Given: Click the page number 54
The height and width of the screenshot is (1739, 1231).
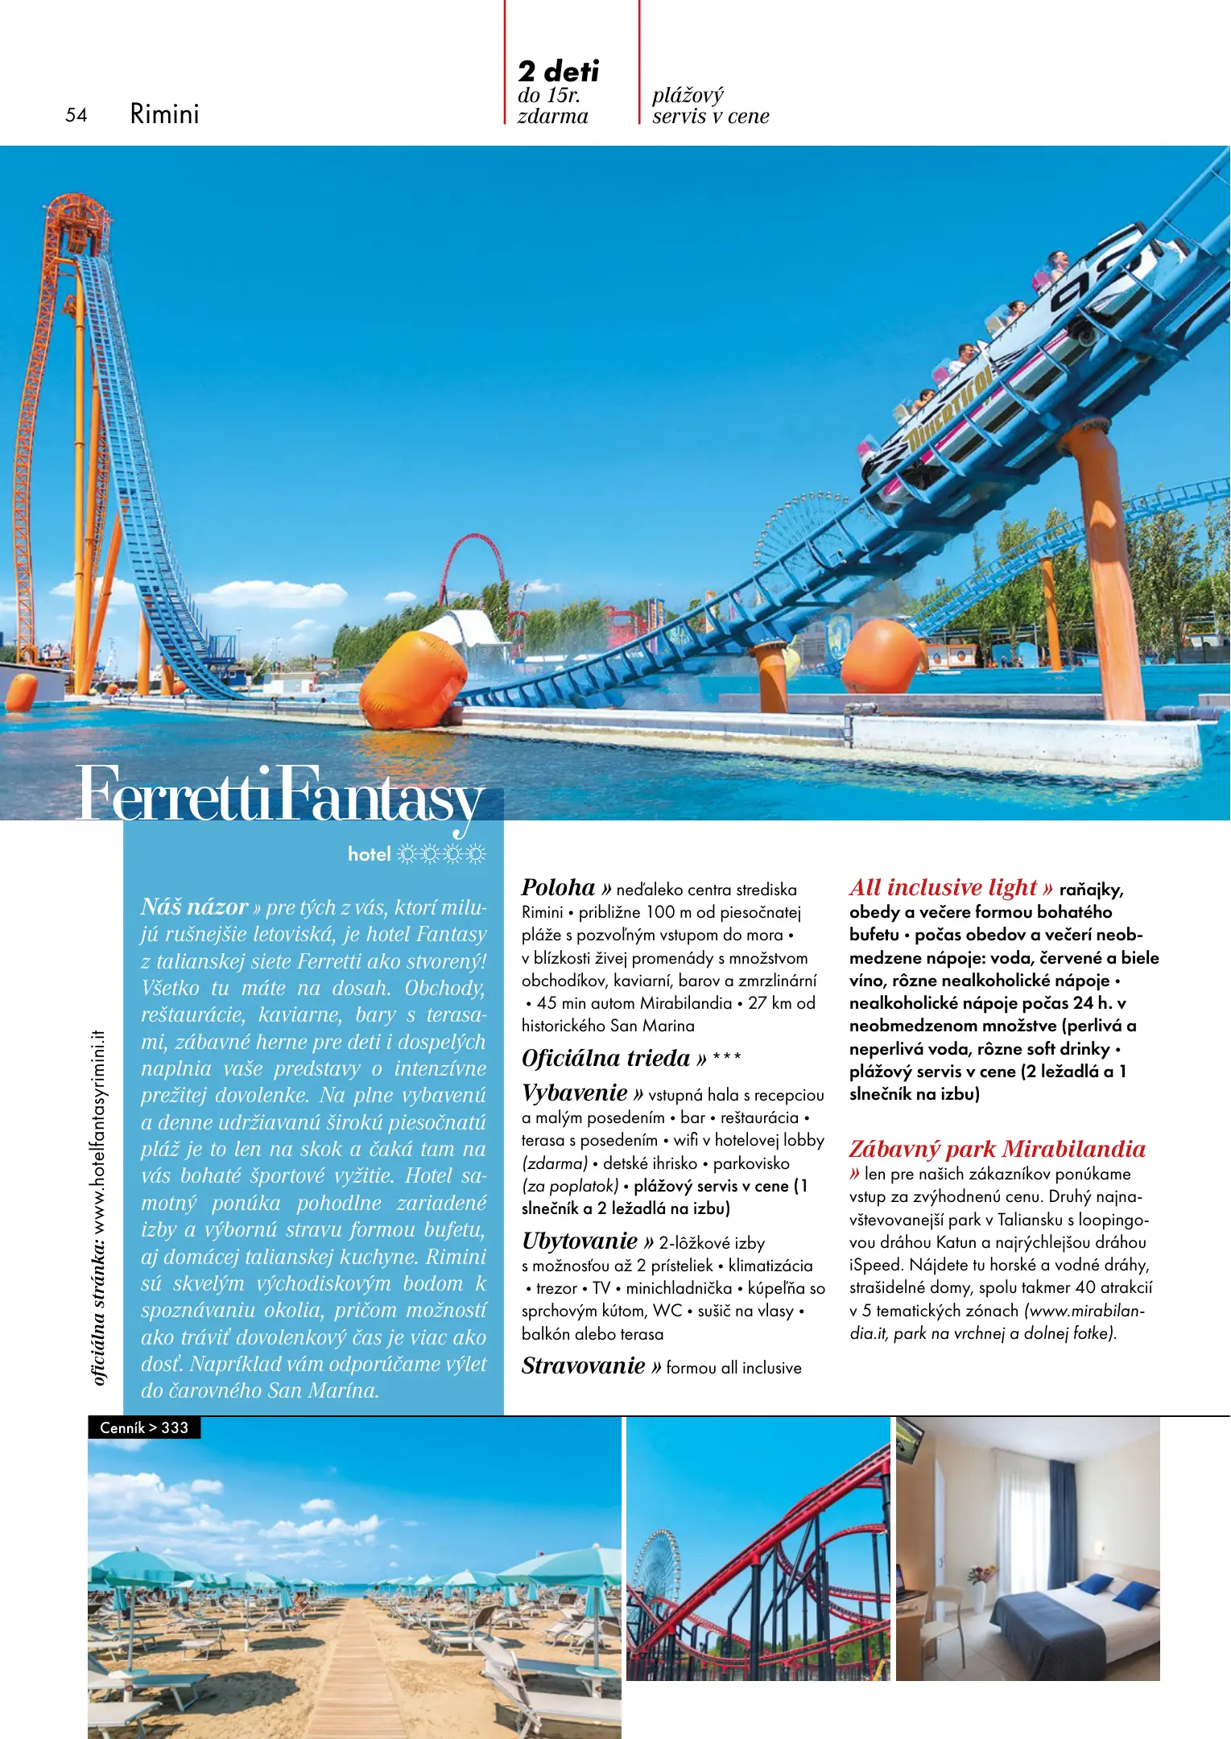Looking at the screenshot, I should point(76,115).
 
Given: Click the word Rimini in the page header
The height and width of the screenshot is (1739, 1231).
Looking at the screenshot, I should point(164,114).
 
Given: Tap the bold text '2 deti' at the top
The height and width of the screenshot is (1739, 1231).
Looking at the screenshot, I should point(558,71).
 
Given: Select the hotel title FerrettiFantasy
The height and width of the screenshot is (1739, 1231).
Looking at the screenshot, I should point(279,795).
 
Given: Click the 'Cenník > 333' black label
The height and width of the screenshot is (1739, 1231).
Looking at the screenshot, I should point(144,1427).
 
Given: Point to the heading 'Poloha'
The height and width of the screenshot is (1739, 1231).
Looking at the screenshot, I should point(558,887).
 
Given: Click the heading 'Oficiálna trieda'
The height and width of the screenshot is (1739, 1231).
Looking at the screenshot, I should point(605,1058).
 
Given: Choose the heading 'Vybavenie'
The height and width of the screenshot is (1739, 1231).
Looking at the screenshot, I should point(574,1093).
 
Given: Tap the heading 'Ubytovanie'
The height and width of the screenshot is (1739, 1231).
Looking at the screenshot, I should point(580,1241).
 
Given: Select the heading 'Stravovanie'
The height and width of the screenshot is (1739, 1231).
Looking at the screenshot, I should point(584,1365).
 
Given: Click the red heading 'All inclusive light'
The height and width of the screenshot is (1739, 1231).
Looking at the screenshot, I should point(943,887).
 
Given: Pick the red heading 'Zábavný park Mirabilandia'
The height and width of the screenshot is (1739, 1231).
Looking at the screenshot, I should point(997,1149).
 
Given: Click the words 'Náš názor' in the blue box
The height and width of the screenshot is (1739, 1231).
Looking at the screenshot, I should point(194,907).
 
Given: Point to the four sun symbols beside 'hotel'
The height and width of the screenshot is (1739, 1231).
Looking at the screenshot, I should point(441,854).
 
